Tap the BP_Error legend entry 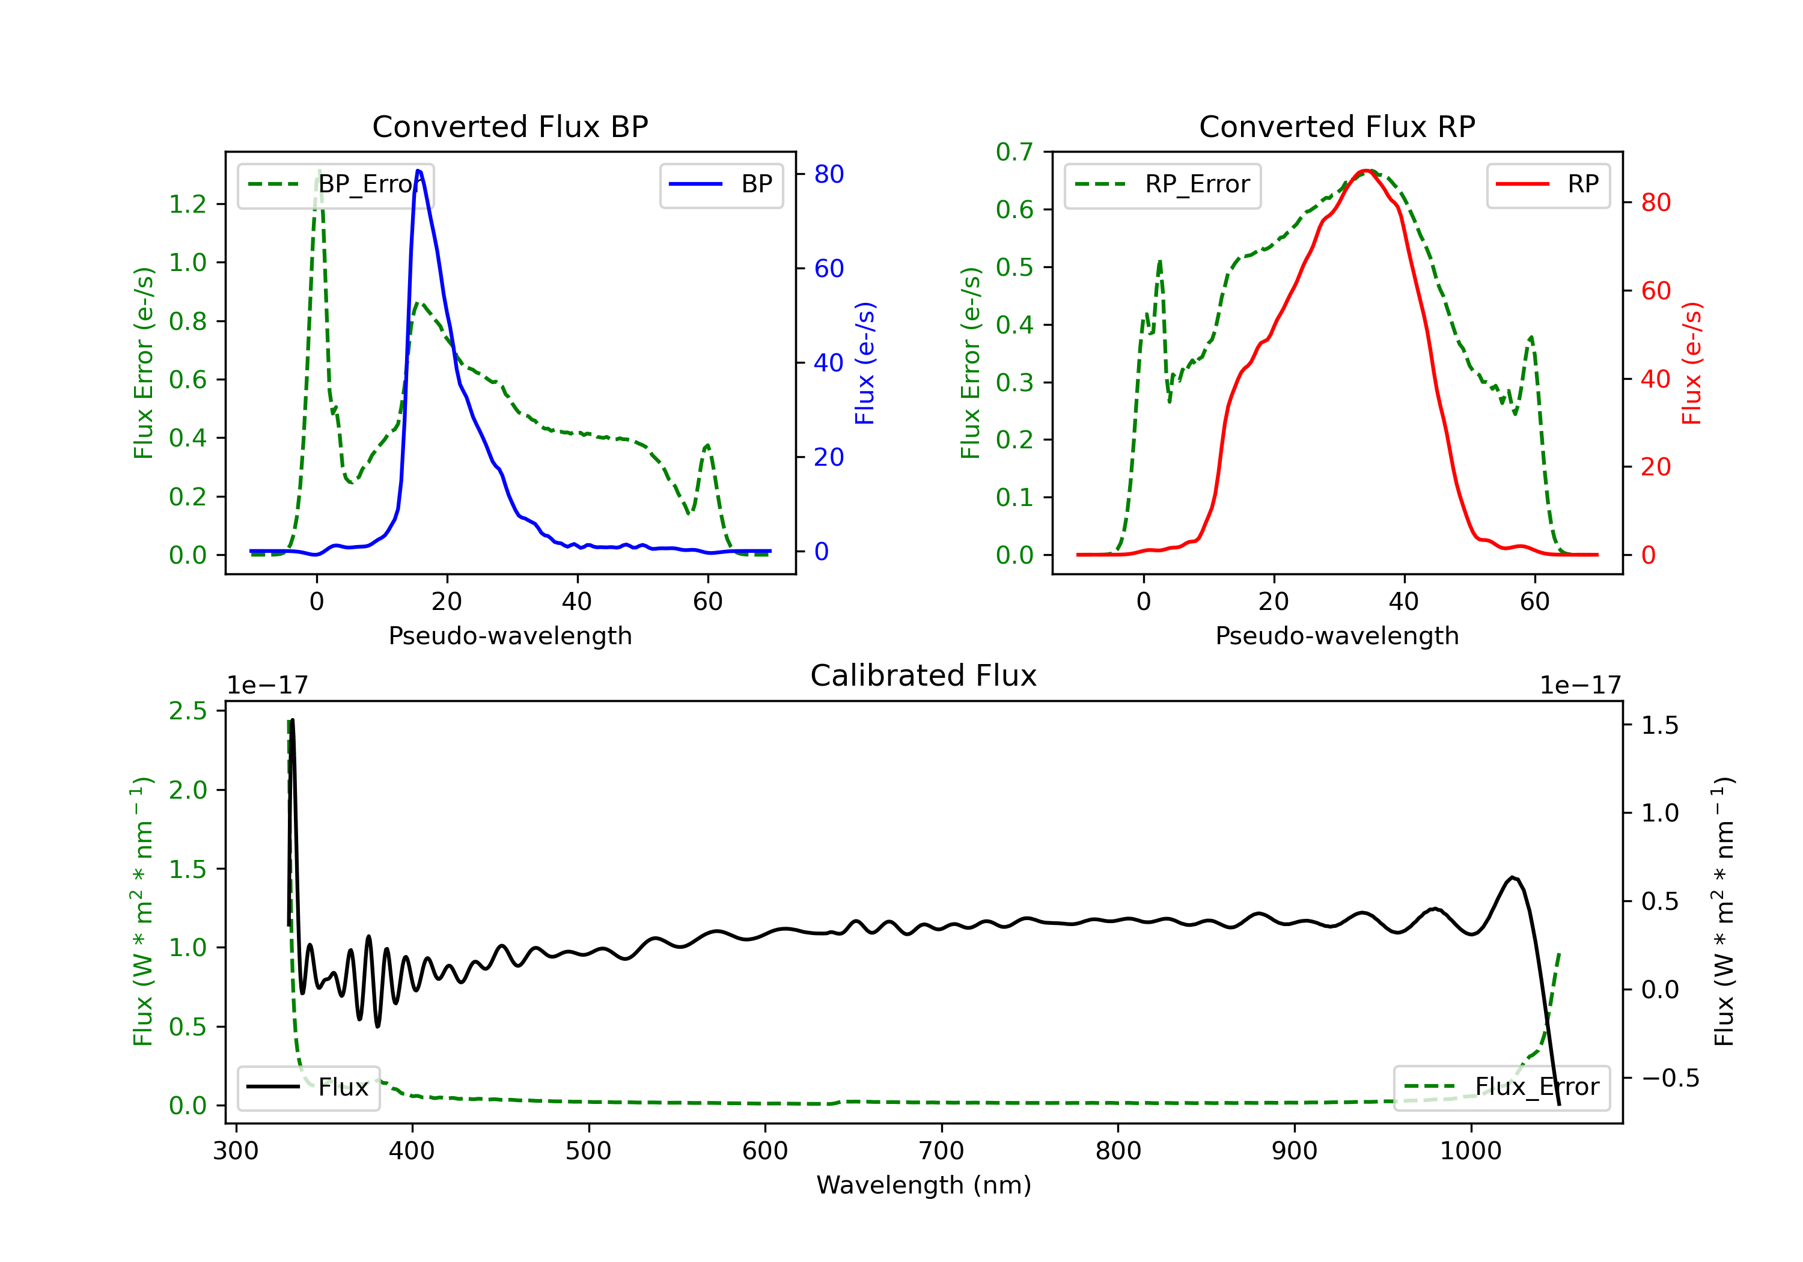336,184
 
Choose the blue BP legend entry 721,184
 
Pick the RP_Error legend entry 1162,184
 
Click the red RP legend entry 1548,184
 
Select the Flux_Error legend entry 1501,1088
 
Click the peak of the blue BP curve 418,171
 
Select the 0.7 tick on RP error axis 1014,151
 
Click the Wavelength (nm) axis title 924,1185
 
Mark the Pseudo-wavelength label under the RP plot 1337,636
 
